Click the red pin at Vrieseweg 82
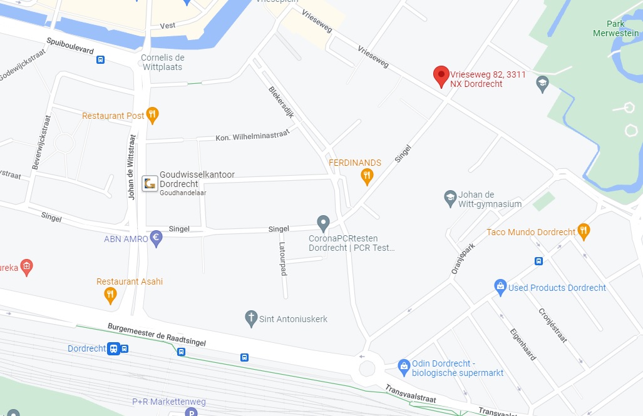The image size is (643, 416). click(441, 76)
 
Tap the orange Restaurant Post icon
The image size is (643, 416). click(152, 115)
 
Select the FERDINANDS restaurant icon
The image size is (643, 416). click(368, 177)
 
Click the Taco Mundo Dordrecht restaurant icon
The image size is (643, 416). click(584, 231)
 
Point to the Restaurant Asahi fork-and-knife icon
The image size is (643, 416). click(110, 295)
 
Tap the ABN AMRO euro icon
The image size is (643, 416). click(157, 238)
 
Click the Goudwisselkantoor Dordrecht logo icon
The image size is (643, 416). click(150, 183)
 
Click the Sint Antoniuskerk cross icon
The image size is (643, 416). click(252, 318)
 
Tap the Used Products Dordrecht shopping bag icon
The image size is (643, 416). click(500, 288)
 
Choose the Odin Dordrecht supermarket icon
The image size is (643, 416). click(404, 364)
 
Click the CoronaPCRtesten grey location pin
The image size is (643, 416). click(323, 222)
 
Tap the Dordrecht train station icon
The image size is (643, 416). click(113, 348)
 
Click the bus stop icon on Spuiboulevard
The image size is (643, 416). click(100, 60)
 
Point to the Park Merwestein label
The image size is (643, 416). click(616, 28)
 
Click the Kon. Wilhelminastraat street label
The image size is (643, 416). click(252, 135)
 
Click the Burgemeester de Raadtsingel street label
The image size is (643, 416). click(157, 335)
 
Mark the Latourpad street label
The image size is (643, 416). click(283, 259)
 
